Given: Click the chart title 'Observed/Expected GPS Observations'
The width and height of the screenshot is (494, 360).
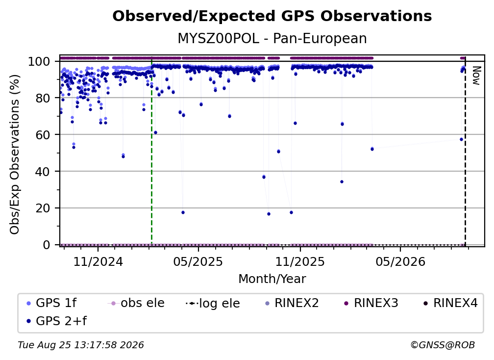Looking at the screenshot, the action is (272, 16).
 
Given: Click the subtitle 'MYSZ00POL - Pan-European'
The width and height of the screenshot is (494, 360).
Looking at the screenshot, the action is (272, 38).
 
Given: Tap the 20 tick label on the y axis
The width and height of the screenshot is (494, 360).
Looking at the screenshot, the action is (43, 208).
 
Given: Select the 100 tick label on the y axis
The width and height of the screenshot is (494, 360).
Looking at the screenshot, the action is (39, 61).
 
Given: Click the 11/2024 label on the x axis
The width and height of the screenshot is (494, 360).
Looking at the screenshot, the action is (98, 262).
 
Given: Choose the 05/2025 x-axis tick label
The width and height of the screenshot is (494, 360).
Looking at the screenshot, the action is (198, 262).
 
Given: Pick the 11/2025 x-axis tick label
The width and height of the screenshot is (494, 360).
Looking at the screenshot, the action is (300, 262).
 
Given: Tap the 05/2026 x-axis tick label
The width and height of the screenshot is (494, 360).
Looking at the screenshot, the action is (400, 262).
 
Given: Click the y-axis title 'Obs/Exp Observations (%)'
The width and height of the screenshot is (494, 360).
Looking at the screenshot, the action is (15, 154).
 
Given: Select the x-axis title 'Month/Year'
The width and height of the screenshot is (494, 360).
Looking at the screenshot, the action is (272, 279).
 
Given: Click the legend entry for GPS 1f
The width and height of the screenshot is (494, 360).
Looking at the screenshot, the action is (51, 303).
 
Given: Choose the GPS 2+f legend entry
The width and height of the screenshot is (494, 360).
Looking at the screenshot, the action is (56, 321).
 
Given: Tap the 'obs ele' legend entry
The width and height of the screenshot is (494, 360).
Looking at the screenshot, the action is (136, 303).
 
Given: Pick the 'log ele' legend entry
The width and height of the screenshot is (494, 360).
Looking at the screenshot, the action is (213, 304).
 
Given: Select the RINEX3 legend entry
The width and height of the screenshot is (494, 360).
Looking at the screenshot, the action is (371, 303).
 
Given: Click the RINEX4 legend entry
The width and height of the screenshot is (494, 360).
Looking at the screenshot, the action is (450, 303).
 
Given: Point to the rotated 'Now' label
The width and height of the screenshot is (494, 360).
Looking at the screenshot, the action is (476, 76).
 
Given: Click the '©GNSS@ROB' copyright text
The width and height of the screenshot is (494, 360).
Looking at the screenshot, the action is (443, 345).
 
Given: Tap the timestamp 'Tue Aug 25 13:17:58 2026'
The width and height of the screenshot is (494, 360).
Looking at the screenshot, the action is (81, 345).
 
